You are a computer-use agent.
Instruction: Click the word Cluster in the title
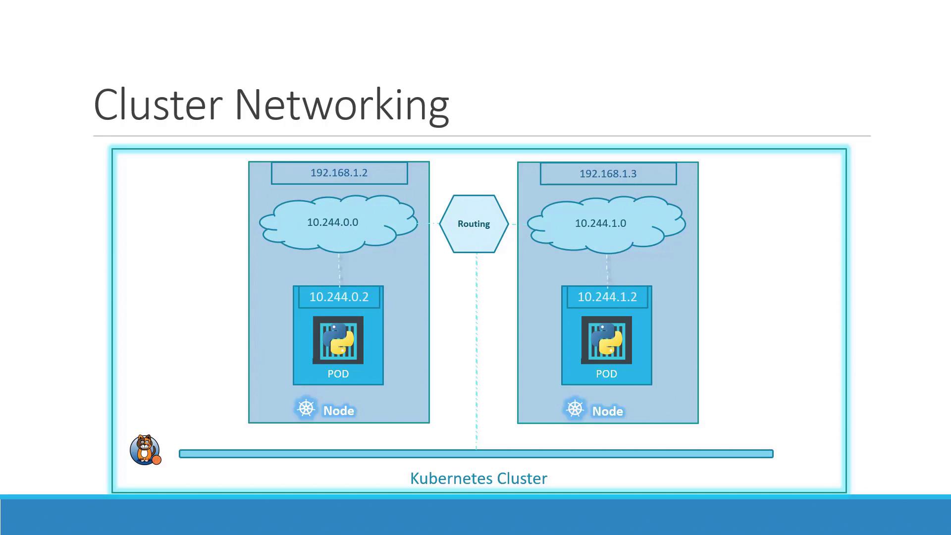(158, 105)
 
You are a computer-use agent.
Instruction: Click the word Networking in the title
(342, 106)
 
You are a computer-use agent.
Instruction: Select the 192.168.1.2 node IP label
(339, 173)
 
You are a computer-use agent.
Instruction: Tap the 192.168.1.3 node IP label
(608, 174)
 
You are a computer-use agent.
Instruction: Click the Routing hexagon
(474, 224)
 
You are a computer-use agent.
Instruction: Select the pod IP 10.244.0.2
(339, 297)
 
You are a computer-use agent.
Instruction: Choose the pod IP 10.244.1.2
(607, 297)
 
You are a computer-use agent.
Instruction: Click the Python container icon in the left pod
(338, 340)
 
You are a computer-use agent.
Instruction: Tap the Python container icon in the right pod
(607, 340)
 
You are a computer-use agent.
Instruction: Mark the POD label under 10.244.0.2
(338, 374)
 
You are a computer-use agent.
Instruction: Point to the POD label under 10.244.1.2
(607, 374)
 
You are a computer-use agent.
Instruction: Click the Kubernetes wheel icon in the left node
(306, 409)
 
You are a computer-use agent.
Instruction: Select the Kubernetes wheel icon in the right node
(575, 409)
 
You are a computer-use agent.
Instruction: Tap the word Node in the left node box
(339, 411)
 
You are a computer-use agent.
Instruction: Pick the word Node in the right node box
(608, 411)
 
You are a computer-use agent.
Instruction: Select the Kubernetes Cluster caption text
(478, 479)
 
